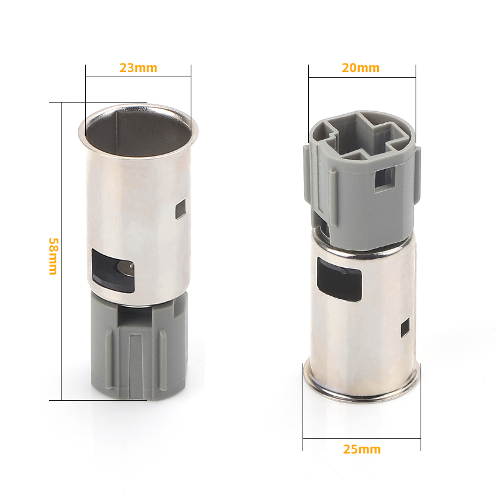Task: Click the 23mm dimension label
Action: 138,68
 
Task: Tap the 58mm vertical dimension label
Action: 53,256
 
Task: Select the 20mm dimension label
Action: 361,68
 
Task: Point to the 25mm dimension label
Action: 362,449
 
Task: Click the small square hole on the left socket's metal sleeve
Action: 181,209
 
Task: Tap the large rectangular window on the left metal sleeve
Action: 113,270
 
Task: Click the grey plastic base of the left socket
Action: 139,345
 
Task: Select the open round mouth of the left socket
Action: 139,130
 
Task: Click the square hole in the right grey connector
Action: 385,180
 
